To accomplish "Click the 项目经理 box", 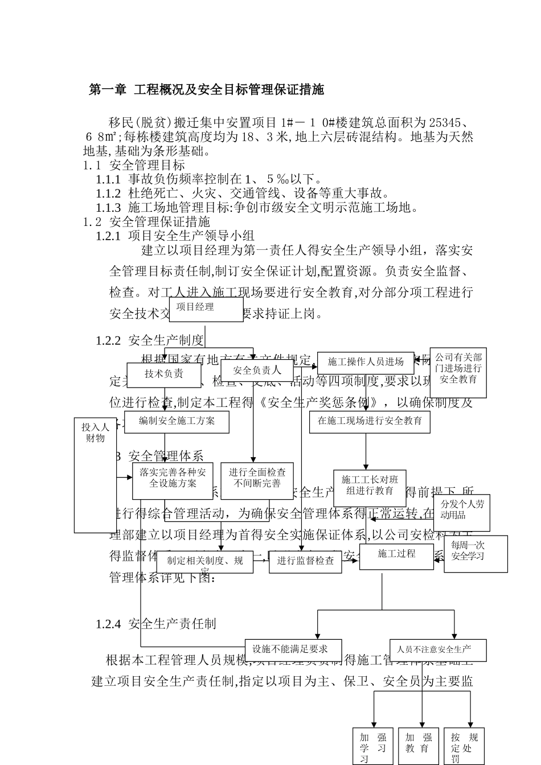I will point(202,309).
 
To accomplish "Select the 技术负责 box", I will point(164,375).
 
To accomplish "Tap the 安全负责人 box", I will point(257,370).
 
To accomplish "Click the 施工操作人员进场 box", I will point(365,363).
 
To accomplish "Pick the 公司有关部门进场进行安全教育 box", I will point(458,372).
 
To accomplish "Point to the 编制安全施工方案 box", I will point(177,422).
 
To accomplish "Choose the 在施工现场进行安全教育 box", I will point(370,421).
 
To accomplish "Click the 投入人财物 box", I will point(95,475).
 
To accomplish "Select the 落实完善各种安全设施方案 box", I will point(173,480).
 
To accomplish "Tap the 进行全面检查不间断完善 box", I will point(257,480).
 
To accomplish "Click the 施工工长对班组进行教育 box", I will point(370,487).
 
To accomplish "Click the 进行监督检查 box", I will point(305,561).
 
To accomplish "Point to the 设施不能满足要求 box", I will point(294,649).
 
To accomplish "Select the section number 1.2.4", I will point(108,624).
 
